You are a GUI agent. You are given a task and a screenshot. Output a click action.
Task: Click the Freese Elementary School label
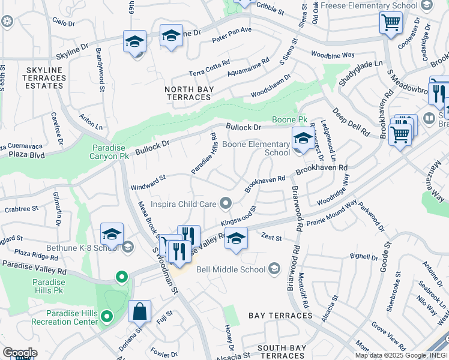(x=369, y=5)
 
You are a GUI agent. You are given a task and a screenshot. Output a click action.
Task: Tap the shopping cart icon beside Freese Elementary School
(x=391, y=23)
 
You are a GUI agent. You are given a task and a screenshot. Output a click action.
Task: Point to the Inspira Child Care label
(x=182, y=204)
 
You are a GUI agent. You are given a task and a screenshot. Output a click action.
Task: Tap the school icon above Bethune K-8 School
(x=112, y=235)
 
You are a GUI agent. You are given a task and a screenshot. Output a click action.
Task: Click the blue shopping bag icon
(x=139, y=312)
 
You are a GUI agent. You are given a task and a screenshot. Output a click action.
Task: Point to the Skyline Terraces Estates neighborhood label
(x=43, y=78)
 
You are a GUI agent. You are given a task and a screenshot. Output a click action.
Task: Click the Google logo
(x=20, y=353)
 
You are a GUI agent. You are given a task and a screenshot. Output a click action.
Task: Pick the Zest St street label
(x=271, y=238)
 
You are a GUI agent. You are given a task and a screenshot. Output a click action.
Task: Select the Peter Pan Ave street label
(x=232, y=41)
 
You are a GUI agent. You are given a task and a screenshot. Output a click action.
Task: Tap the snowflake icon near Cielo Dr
(x=7, y=22)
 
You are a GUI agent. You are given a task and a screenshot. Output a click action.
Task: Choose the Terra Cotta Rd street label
(x=209, y=67)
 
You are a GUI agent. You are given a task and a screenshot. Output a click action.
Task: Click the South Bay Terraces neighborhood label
(x=282, y=348)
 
